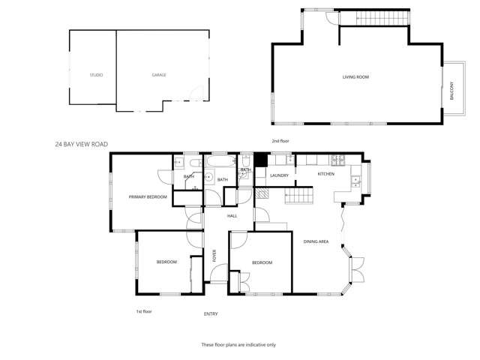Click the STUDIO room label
96,75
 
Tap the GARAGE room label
158,75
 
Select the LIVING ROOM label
355,77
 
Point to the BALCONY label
451,91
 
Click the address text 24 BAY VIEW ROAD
82,143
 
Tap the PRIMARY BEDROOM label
147,196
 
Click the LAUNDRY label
279,175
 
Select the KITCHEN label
325,174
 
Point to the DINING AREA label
316,241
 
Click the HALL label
232,216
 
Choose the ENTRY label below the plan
211,314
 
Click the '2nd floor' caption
280,141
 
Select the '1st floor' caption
143,310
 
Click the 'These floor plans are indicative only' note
238,344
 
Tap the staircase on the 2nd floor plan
374,17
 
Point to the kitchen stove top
337,159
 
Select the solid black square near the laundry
260,160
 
